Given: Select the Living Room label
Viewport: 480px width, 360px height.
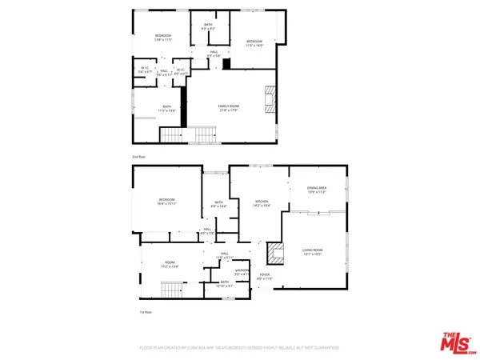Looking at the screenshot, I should [317, 250].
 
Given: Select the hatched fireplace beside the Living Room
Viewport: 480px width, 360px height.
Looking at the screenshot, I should [276, 254].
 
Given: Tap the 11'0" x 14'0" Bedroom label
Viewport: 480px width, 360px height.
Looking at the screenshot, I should [254, 43].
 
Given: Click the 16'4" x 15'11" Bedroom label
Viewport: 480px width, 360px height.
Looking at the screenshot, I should [166, 202].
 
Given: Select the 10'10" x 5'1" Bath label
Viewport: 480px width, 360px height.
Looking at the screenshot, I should [226, 284].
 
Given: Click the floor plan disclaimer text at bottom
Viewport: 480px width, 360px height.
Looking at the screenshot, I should [240, 348].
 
